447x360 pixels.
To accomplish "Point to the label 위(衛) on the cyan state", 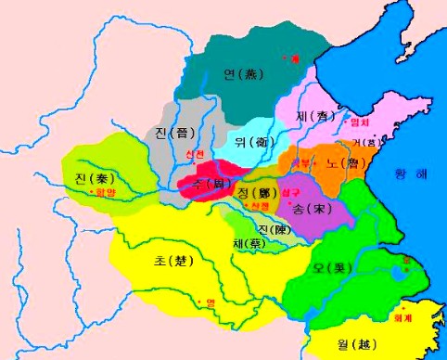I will pyautogui.click(x=250, y=143).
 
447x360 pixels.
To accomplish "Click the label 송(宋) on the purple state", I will pyautogui.click(x=311, y=209).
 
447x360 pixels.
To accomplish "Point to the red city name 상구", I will pyautogui.click(x=290, y=189).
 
